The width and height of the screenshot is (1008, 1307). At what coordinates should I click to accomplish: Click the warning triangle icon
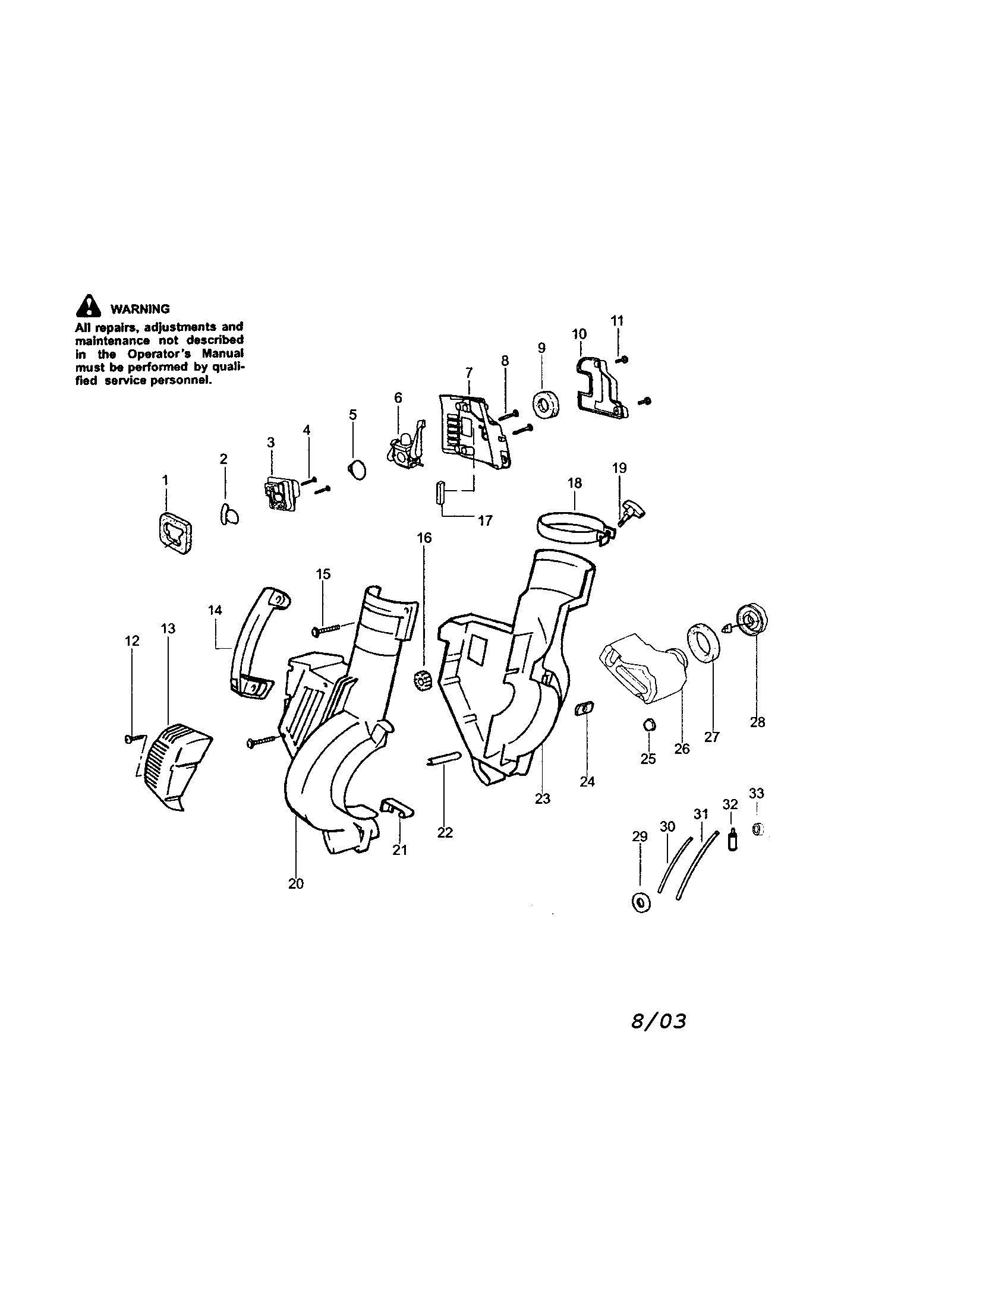(87, 306)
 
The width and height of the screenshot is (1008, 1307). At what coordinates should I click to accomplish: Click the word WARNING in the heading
(140, 310)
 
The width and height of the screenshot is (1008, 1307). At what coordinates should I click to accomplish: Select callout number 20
(296, 884)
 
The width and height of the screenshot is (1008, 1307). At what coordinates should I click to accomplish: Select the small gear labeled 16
(423, 681)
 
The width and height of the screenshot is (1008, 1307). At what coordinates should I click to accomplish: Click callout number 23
(542, 799)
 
